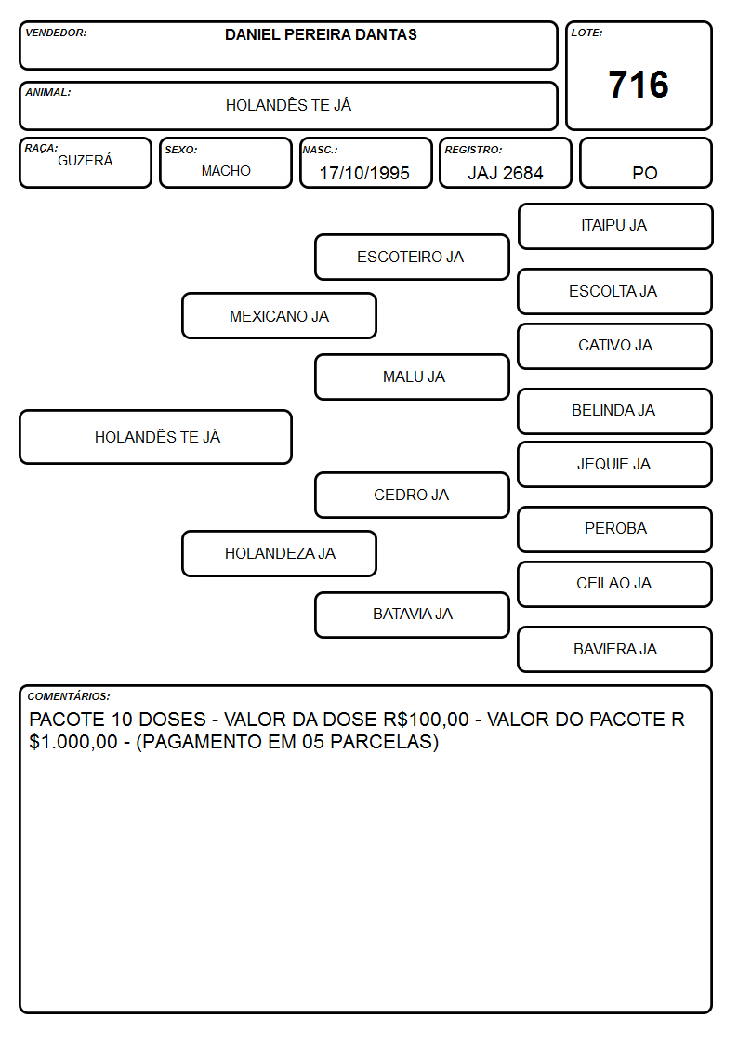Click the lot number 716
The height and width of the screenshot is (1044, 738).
[639, 85]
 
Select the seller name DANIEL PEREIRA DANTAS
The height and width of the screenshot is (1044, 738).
[321, 34]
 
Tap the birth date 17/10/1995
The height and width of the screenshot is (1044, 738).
[364, 173]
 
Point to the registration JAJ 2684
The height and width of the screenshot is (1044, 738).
[505, 173]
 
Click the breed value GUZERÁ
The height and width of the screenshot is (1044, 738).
[86, 161]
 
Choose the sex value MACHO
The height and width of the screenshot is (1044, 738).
[226, 171]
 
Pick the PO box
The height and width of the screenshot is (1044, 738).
[645, 163]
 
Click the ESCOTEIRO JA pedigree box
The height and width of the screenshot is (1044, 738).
[412, 257]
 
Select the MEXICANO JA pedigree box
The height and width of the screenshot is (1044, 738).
[280, 316]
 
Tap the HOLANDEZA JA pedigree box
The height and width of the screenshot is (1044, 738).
[280, 553]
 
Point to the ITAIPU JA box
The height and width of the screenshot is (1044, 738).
[615, 227]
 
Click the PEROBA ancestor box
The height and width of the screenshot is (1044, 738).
[615, 529]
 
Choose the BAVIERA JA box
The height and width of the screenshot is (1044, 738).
[615, 649]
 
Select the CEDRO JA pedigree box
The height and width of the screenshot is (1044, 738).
[412, 496]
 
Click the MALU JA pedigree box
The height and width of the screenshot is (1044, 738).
[412, 377]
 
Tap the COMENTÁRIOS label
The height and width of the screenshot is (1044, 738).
[69, 696]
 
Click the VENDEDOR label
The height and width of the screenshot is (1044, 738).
[56, 33]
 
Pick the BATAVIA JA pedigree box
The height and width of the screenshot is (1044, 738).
[412, 615]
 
